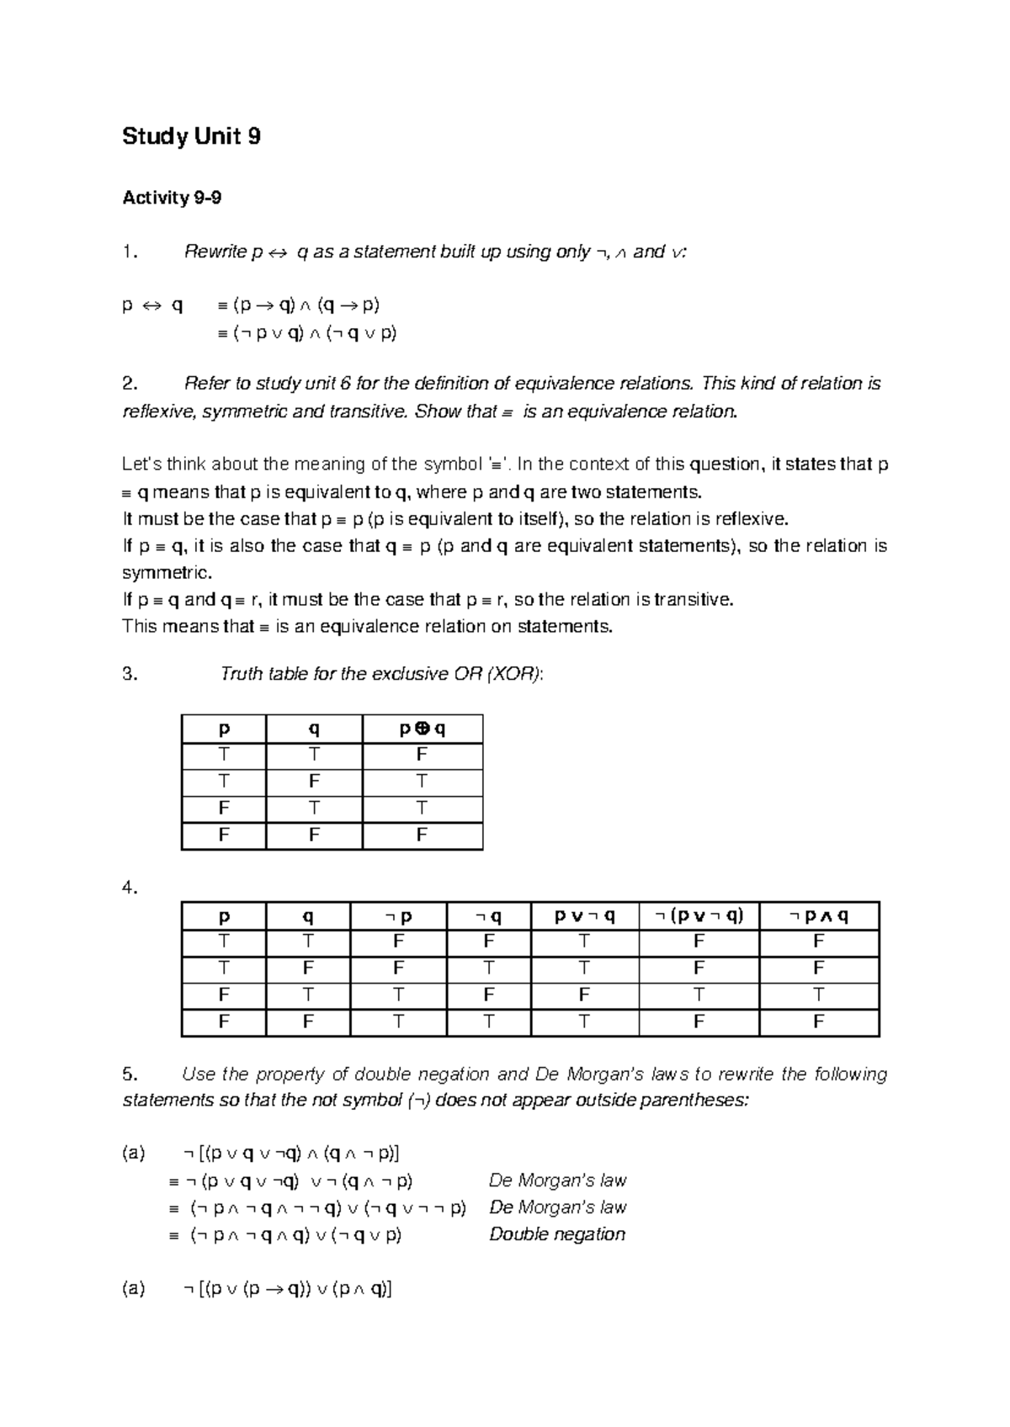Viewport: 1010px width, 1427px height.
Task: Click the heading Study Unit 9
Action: (191, 136)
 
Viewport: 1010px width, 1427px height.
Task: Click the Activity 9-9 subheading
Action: (172, 198)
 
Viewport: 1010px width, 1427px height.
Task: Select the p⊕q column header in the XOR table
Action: (422, 729)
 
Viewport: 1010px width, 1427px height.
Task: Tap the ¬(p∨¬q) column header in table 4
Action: (699, 915)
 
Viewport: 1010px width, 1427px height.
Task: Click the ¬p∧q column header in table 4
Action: (818, 915)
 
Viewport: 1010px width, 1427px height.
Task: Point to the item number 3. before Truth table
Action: (130, 674)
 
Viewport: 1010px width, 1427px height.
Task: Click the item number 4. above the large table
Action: (130, 888)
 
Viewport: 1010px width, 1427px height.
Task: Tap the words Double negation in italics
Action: (557, 1234)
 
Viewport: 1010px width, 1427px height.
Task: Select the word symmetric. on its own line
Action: (167, 573)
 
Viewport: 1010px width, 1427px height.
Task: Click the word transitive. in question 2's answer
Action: (693, 600)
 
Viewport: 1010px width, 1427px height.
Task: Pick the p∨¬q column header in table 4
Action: (584, 915)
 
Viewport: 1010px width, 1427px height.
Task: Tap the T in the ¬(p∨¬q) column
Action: (699, 995)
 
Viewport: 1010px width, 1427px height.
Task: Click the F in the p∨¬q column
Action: (584, 995)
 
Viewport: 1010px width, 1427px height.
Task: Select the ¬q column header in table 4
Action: (488, 915)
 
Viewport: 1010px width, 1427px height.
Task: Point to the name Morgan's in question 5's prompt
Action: (606, 1074)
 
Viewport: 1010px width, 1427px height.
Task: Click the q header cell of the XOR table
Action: (313, 729)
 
